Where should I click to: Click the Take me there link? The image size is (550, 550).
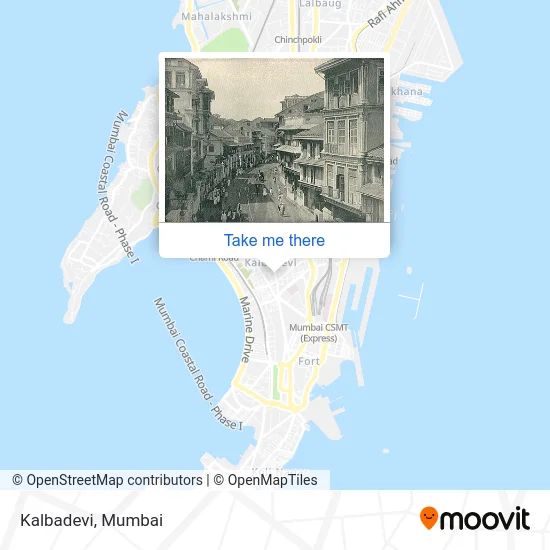(x=274, y=240)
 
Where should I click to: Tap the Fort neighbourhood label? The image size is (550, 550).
(x=309, y=361)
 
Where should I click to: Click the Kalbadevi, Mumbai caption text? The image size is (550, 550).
(x=90, y=520)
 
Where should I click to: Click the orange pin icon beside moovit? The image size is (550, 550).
(x=429, y=518)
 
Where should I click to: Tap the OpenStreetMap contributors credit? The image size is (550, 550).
(x=107, y=480)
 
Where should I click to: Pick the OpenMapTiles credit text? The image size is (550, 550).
(x=267, y=480)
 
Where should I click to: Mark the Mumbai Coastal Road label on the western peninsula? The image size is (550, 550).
(x=123, y=190)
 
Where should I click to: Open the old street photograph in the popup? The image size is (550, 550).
(x=274, y=139)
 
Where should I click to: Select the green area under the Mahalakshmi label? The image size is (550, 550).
(x=228, y=40)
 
